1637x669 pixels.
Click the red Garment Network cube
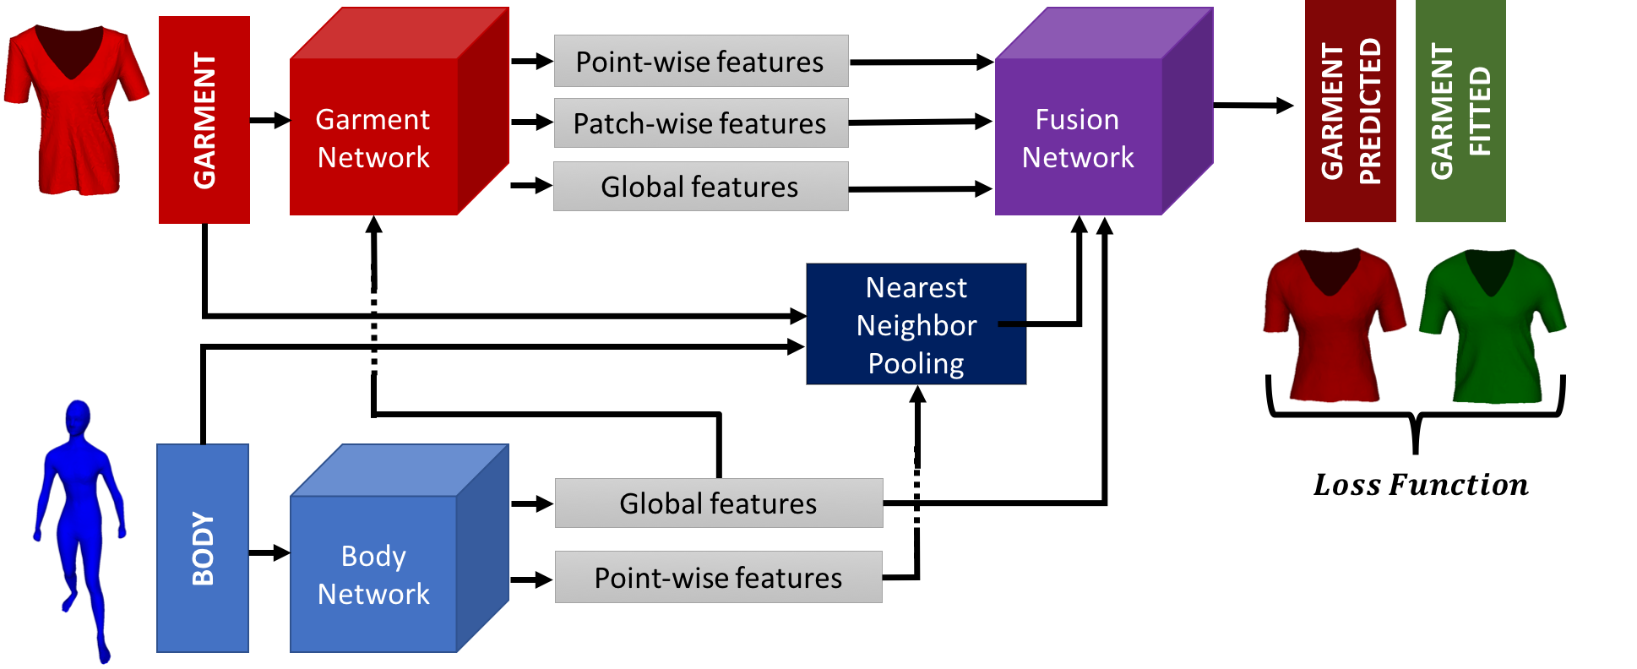(x=374, y=137)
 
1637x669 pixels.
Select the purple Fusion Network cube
(x=1079, y=137)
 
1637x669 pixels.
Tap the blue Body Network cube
(x=374, y=574)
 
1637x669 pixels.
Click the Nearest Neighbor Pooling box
(x=916, y=324)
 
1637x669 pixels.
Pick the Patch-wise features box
(x=700, y=123)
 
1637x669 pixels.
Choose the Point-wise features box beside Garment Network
(x=700, y=61)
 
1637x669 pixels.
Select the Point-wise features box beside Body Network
(x=718, y=577)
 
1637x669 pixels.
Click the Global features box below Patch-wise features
(x=700, y=186)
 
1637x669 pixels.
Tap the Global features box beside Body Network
(x=718, y=503)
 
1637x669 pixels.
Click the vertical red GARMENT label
(x=204, y=120)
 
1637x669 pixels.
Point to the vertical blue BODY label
(x=203, y=548)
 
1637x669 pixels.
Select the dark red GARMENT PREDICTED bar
(x=1350, y=111)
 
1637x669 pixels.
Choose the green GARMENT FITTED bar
(x=1460, y=111)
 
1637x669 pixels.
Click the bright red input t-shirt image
(x=75, y=110)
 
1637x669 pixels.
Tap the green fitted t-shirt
(x=1493, y=329)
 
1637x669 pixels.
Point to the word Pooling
(x=916, y=363)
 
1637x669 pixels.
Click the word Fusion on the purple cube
(x=1077, y=119)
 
